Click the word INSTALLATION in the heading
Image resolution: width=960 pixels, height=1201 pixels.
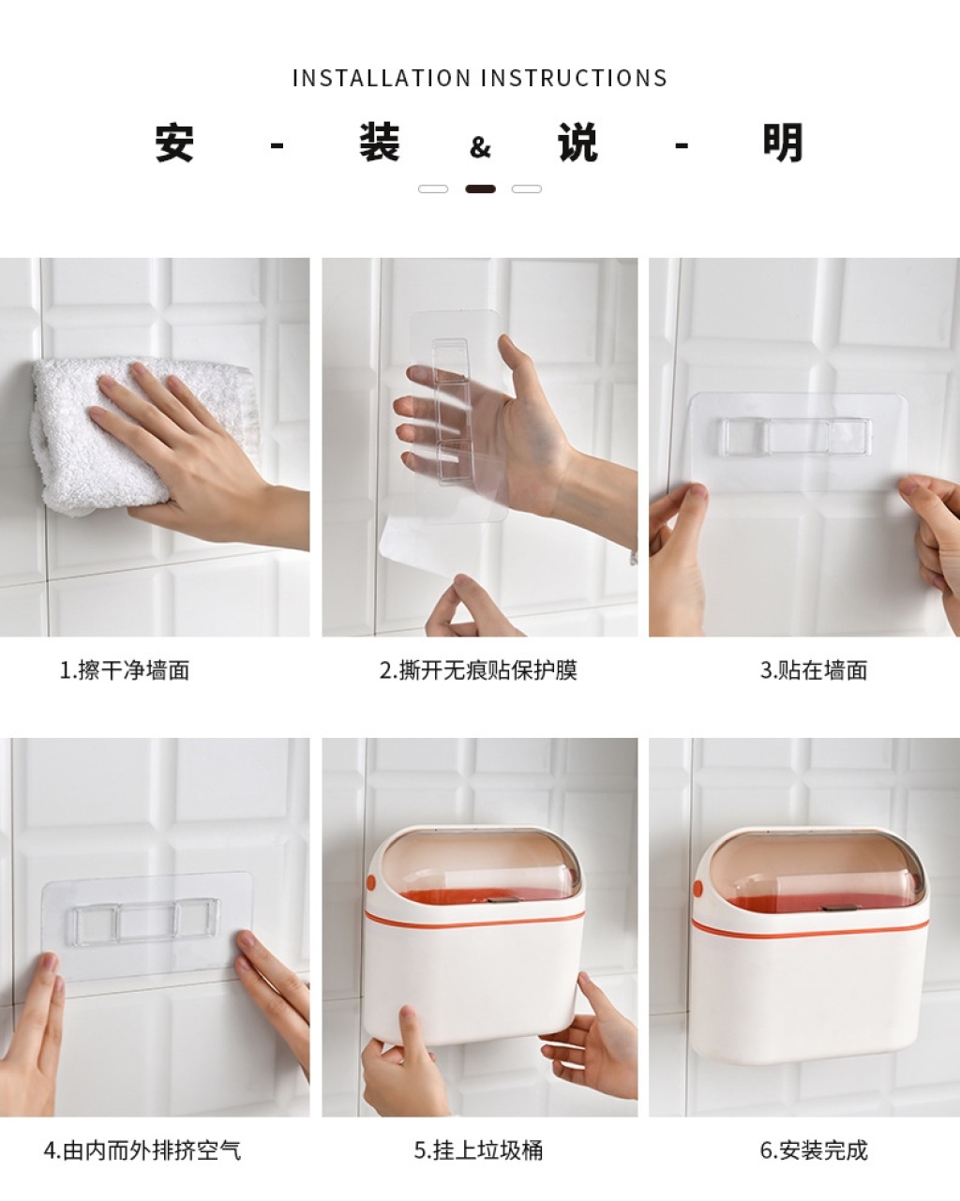(382, 78)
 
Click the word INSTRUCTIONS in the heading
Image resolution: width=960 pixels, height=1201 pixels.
(574, 78)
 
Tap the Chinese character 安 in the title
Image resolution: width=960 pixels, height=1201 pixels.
(174, 143)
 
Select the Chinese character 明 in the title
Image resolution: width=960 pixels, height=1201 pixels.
(783, 143)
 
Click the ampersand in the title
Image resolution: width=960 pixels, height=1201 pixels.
(480, 147)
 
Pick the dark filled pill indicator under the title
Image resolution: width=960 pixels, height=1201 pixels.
(480, 189)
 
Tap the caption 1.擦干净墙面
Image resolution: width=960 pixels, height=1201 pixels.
(125, 670)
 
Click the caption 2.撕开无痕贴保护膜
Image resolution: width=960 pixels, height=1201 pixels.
(478, 670)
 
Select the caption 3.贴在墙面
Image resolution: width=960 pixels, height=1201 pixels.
(814, 670)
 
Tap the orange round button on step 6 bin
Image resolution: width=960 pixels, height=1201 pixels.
(697, 888)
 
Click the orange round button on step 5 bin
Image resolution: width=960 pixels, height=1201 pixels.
(371, 882)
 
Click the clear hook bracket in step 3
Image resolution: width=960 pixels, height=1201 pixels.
(795, 436)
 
